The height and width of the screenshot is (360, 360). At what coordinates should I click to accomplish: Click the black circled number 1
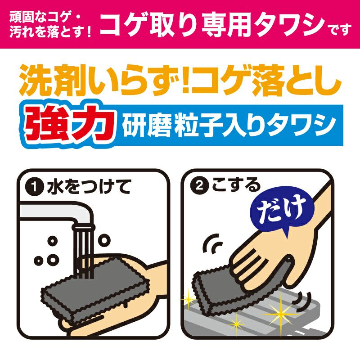[35, 187]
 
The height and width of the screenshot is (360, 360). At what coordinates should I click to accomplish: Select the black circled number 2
[200, 185]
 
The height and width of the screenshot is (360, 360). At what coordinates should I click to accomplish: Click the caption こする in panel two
[237, 185]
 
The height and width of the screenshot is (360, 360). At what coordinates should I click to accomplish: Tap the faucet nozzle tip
[84, 228]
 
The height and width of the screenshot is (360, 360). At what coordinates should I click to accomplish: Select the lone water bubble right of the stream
[104, 240]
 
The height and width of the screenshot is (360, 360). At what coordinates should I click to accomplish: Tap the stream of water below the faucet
[84, 252]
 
